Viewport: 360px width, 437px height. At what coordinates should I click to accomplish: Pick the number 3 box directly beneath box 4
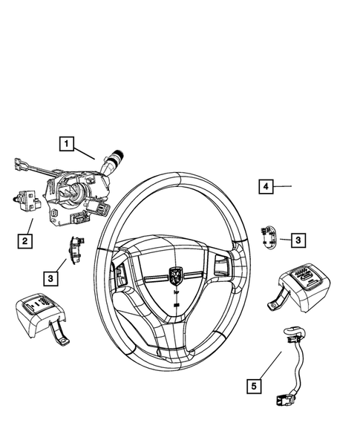tap(297, 240)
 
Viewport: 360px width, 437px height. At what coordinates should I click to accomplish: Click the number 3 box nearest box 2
tap(51, 277)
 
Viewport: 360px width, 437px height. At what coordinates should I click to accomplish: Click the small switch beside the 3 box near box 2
tap(76, 247)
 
